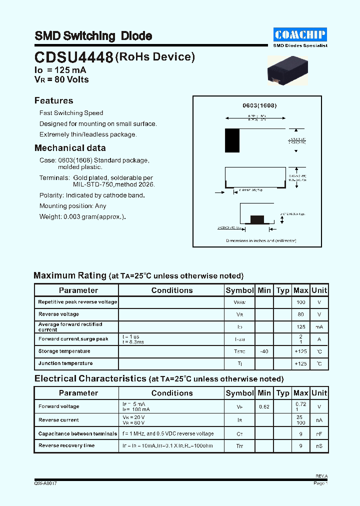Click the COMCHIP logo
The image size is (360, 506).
(300, 34)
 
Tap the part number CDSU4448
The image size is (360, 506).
(73, 58)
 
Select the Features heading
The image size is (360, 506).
(53, 100)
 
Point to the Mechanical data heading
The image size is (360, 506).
(70, 148)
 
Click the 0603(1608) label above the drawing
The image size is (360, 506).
(259, 105)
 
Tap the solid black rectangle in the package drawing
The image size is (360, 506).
(232, 140)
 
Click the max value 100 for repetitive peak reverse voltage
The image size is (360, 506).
(300, 302)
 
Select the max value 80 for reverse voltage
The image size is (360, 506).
(300, 314)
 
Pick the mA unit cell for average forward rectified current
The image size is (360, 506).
(319, 327)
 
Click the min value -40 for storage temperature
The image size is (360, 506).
(264, 351)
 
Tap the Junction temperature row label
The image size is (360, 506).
(65, 363)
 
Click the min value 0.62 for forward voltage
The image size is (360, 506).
(264, 407)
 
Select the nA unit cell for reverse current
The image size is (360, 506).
(319, 420)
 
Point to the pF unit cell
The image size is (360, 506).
(319, 434)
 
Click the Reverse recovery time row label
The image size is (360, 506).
(66, 445)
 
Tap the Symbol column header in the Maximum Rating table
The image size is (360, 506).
(239, 290)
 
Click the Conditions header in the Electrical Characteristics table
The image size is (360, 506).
(171, 393)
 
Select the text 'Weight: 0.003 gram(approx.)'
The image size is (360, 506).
(82, 217)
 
